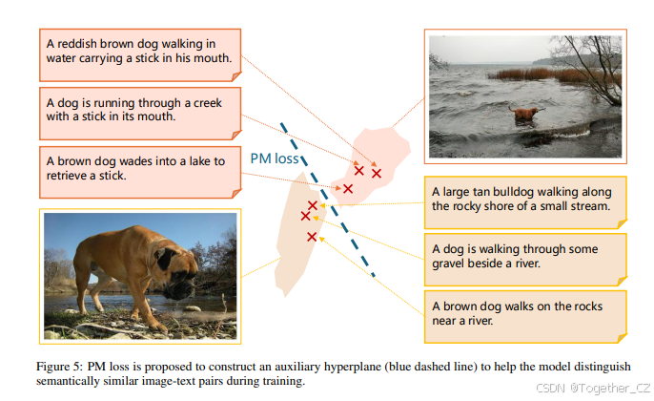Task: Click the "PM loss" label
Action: pos(276,159)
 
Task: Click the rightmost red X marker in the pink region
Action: pos(377,174)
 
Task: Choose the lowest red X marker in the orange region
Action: pos(312,236)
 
